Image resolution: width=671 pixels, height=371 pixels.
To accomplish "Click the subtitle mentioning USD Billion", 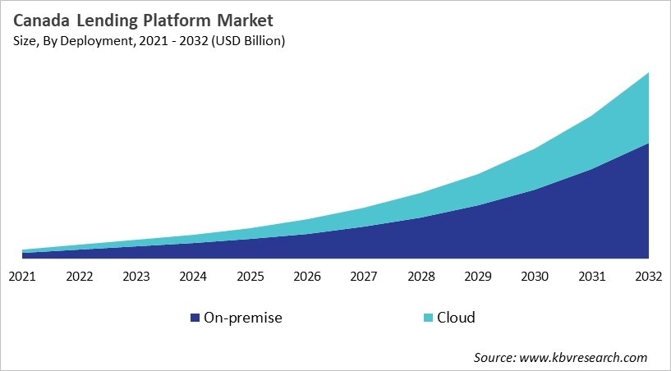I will click(x=147, y=41).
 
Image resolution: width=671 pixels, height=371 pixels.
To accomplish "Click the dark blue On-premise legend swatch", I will click(x=195, y=318).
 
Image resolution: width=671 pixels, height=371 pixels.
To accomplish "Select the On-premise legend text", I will click(x=244, y=318).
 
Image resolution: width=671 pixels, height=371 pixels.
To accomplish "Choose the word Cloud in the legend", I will click(x=456, y=318).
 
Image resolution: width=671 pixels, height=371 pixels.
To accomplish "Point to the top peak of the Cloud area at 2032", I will click(x=649, y=74).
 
